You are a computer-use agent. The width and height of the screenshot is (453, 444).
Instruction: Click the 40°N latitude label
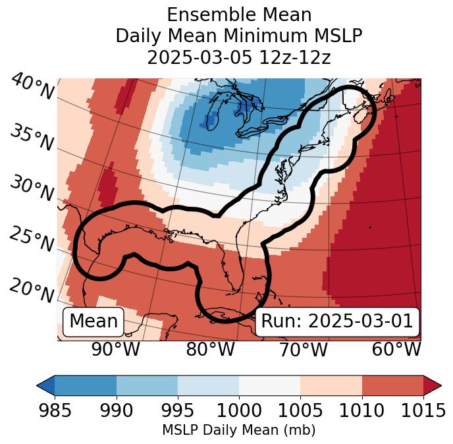pos(32,88)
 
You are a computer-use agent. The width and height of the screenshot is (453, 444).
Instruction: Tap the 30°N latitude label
pos(31,188)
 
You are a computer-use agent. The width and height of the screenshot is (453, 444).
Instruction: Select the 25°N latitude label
pos(31,239)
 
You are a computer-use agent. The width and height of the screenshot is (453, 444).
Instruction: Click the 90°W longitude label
pos(116,349)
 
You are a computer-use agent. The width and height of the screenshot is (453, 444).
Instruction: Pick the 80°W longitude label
pos(210,349)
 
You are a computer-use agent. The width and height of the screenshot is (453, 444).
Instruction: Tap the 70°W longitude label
pos(303,349)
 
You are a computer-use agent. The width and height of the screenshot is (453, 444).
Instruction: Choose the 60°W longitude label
pos(396,349)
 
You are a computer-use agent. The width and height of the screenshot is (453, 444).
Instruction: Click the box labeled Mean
pos(93,321)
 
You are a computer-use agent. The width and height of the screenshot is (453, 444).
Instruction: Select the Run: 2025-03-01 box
pos(337,321)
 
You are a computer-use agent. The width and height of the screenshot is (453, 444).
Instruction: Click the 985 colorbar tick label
pos(55,410)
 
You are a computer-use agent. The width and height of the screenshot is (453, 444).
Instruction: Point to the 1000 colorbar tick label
pos(239,410)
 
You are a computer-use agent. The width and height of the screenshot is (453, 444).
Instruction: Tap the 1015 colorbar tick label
pos(423,410)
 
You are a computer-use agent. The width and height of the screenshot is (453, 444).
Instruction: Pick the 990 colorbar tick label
pos(117,410)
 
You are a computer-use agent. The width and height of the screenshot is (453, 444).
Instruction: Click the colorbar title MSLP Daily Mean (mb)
pos(238,430)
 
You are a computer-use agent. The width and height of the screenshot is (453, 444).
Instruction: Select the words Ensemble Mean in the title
pos(239,15)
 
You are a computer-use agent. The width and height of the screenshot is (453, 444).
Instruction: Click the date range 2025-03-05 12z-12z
pos(239,57)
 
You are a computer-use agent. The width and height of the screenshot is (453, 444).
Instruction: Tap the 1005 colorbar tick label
pos(300,410)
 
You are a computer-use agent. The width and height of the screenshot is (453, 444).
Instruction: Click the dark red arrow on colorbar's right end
pos(433,385)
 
